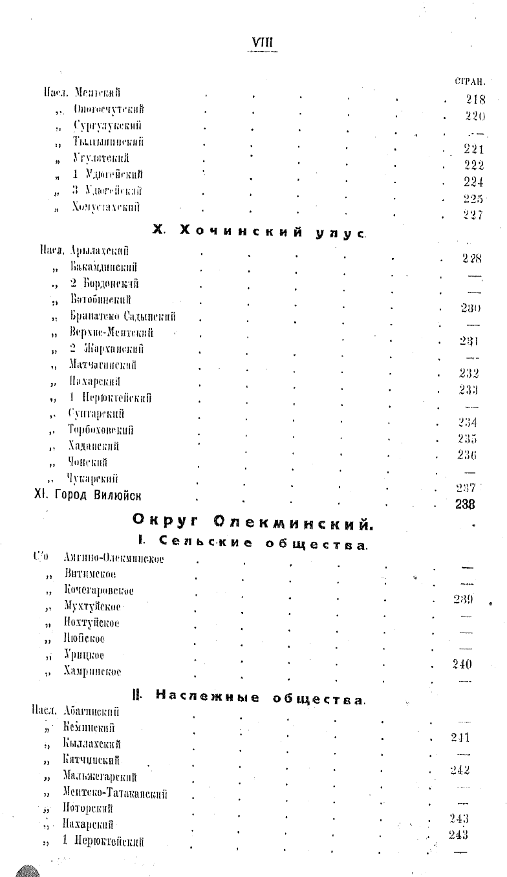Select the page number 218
coord(475,100)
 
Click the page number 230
coord(470,309)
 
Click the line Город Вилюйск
coord(87,495)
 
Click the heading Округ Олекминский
coord(252,521)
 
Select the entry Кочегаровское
coord(99,590)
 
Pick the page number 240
coord(462,664)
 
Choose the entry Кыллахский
coord(92,744)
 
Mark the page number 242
coord(459,770)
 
